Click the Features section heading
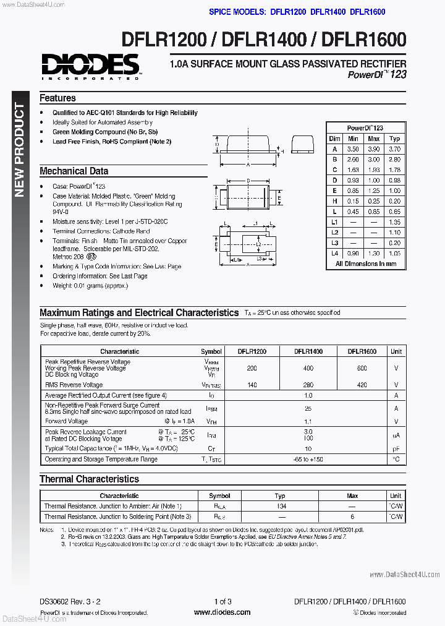57,98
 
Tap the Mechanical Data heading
74,171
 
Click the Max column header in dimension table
373,139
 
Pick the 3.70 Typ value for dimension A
395,149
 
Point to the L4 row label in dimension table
334,254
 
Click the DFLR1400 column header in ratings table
308,351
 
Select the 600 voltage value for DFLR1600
362,368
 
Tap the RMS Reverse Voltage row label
74,385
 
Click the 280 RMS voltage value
308,385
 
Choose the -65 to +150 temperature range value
308,460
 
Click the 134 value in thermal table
281,507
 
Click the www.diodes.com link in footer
222,612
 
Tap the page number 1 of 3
222,601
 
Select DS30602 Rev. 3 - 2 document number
70,601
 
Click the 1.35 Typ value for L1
395,222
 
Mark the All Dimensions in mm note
365,264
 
